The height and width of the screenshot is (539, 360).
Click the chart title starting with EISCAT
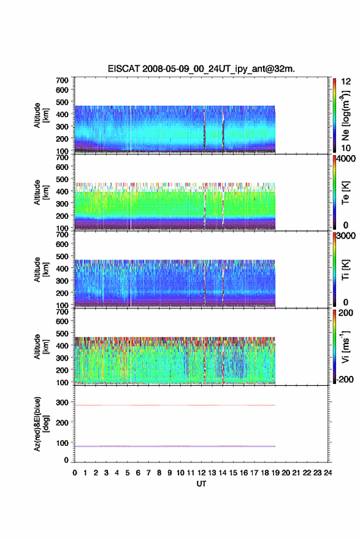[x=201, y=69]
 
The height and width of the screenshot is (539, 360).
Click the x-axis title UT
[x=201, y=484]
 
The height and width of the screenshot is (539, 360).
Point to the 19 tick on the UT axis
[x=275, y=473]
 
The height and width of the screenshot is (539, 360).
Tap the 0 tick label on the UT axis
[x=75, y=473]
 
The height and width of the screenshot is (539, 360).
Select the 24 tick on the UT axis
[x=327, y=473]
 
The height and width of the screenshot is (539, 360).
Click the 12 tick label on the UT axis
[x=201, y=473]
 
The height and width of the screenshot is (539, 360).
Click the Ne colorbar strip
[x=334, y=115]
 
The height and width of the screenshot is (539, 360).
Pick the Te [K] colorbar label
[x=345, y=193]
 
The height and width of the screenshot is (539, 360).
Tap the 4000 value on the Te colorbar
[x=346, y=159]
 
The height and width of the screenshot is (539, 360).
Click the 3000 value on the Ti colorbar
[x=346, y=236]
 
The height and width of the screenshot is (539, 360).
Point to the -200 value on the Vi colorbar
[x=345, y=379]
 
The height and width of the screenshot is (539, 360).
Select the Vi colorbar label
[x=345, y=346]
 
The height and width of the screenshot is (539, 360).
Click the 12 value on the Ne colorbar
[x=346, y=82]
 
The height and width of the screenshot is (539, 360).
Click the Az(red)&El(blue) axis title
[x=40, y=424]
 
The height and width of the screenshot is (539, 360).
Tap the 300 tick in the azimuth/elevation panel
[x=62, y=402]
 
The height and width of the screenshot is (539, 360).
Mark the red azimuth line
[x=175, y=405]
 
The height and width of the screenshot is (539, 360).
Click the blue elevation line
[x=175, y=446]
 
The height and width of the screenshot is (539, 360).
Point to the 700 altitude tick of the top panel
[x=62, y=80]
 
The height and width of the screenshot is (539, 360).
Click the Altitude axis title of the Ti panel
[x=40, y=270]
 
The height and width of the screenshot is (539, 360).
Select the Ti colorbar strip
[x=334, y=270]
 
